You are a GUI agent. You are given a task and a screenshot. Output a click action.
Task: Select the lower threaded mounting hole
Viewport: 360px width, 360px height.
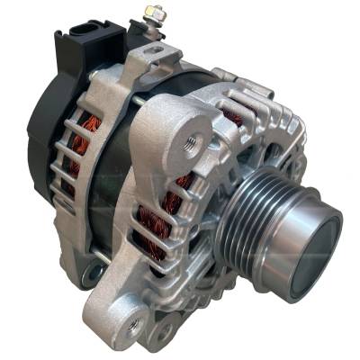[x=134, y=323]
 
